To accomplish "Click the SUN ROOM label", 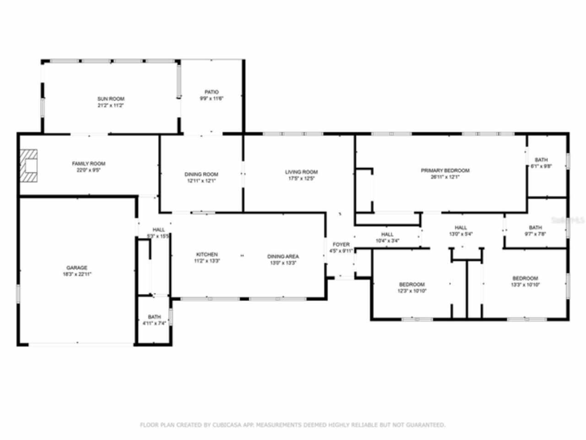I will pos(110,99).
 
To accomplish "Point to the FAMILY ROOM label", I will pos(88,164).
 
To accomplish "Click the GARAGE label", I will pos(76,268).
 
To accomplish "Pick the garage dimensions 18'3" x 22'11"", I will pos(76,274).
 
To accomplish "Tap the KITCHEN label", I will pos(206,254).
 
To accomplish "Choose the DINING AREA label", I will pos(283,257).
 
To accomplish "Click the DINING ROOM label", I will pos(201,174).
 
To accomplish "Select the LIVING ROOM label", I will pos(301,172).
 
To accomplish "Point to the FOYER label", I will pos(341,245).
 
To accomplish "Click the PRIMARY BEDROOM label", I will pos(445,170).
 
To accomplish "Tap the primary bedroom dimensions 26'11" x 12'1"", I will pos(445,177).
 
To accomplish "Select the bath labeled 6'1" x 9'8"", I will pos(541,163).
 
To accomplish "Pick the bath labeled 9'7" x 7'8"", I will pos(535,231).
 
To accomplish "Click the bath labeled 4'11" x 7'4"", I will pos(154,320).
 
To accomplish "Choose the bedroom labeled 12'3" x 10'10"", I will pos(412,287).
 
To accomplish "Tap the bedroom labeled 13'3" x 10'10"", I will pos(525,281).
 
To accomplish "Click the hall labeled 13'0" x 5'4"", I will pos(461,231).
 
